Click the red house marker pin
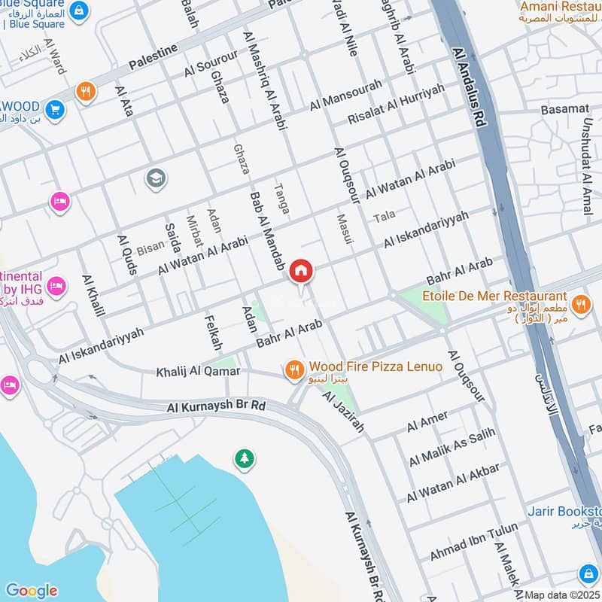click(301, 272)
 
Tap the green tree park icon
click(243, 458)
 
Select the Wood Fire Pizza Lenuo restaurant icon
click(293, 369)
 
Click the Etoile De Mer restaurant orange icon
click(580, 305)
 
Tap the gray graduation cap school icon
click(157, 178)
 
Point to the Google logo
click(31, 591)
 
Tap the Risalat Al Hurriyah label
click(396, 105)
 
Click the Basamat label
click(564, 109)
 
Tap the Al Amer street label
click(427, 421)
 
